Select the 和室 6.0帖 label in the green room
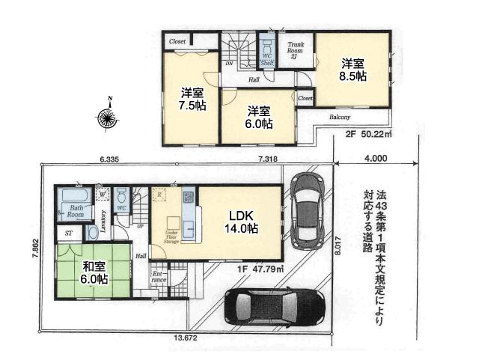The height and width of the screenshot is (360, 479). (94, 270)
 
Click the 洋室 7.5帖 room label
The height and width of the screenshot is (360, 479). (192, 99)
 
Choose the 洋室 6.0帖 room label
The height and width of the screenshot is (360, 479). (260, 116)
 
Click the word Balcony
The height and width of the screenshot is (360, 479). (341, 118)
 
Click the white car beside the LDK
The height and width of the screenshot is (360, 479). (306, 210)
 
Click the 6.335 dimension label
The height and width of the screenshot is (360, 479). (110, 159)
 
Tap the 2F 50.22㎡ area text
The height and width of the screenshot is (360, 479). (368, 135)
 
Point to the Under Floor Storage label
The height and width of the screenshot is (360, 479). (171, 237)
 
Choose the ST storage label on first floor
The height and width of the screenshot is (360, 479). (68, 233)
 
